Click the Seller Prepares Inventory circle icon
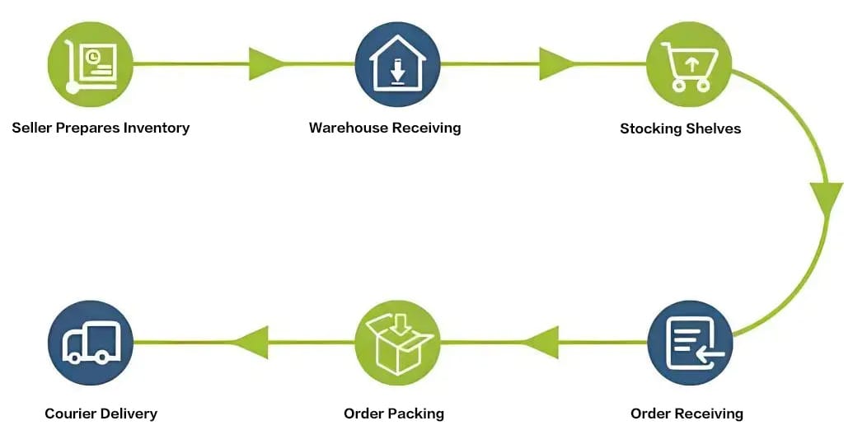pyautogui.click(x=91, y=63)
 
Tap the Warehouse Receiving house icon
pyautogui.click(x=397, y=63)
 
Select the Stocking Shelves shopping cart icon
pyautogui.click(x=690, y=63)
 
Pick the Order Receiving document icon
pyautogui.click(x=690, y=343)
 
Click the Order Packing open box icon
pyautogui.click(x=397, y=343)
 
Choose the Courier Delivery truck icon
pyautogui.click(x=91, y=343)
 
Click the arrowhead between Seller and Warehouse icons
pyautogui.click(x=265, y=63)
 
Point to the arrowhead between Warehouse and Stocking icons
pyautogui.click(x=556, y=63)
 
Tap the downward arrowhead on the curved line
pyautogui.click(x=825, y=199)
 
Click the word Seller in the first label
pyautogui.click(x=31, y=128)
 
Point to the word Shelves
pyautogui.click(x=716, y=129)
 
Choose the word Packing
pyautogui.click(x=417, y=414)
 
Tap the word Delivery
pyautogui.click(x=129, y=413)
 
